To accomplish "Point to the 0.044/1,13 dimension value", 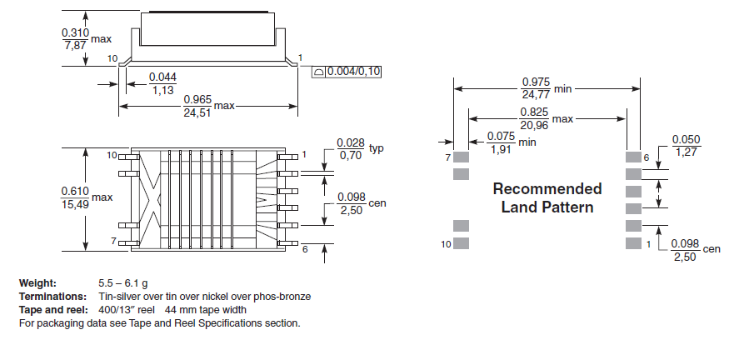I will [x=162, y=84].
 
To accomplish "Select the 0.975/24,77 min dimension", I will [x=535, y=87].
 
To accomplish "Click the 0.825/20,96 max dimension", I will [x=534, y=118].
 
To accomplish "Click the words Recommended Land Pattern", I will [x=547, y=197].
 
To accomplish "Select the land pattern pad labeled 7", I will [x=462, y=157].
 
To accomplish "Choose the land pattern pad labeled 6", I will [x=633, y=157].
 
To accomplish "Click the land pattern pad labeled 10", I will [x=462, y=243].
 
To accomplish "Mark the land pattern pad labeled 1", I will [x=633, y=243].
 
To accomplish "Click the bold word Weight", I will [x=37, y=284].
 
